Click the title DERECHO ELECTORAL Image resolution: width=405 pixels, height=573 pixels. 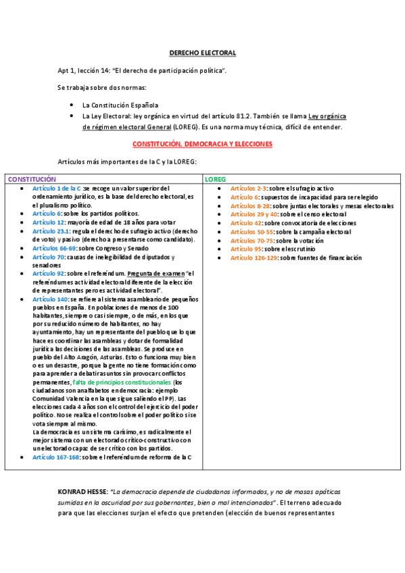pyautogui.click(x=202, y=52)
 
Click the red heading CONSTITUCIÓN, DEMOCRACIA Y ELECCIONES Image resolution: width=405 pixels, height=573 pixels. pyautogui.click(x=202, y=144)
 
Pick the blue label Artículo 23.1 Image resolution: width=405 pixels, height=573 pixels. pyautogui.click(x=51, y=230)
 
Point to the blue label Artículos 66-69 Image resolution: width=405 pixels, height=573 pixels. pyautogui.click(x=53, y=248)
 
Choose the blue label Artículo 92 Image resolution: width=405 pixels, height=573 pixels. pyautogui.click(x=48, y=274)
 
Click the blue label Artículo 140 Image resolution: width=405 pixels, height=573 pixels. pyautogui.click(x=50, y=299)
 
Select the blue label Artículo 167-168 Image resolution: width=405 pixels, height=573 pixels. pyautogui.click(x=55, y=457)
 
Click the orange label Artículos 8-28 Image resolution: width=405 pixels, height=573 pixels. pyautogui.click(x=250, y=205)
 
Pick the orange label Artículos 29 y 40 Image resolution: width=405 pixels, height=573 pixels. pyautogui.click(x=254, y=214)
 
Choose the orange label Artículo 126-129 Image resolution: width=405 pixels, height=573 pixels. pyautogui.click(x=254, y=257)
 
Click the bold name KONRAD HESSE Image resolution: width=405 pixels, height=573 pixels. pyautogui.click(x=82, y=491)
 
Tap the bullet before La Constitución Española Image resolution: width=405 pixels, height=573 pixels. pyautogui.click(x=72, y=105)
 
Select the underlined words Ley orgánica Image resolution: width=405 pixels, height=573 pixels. pyautogui.click(x=329, y=116)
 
